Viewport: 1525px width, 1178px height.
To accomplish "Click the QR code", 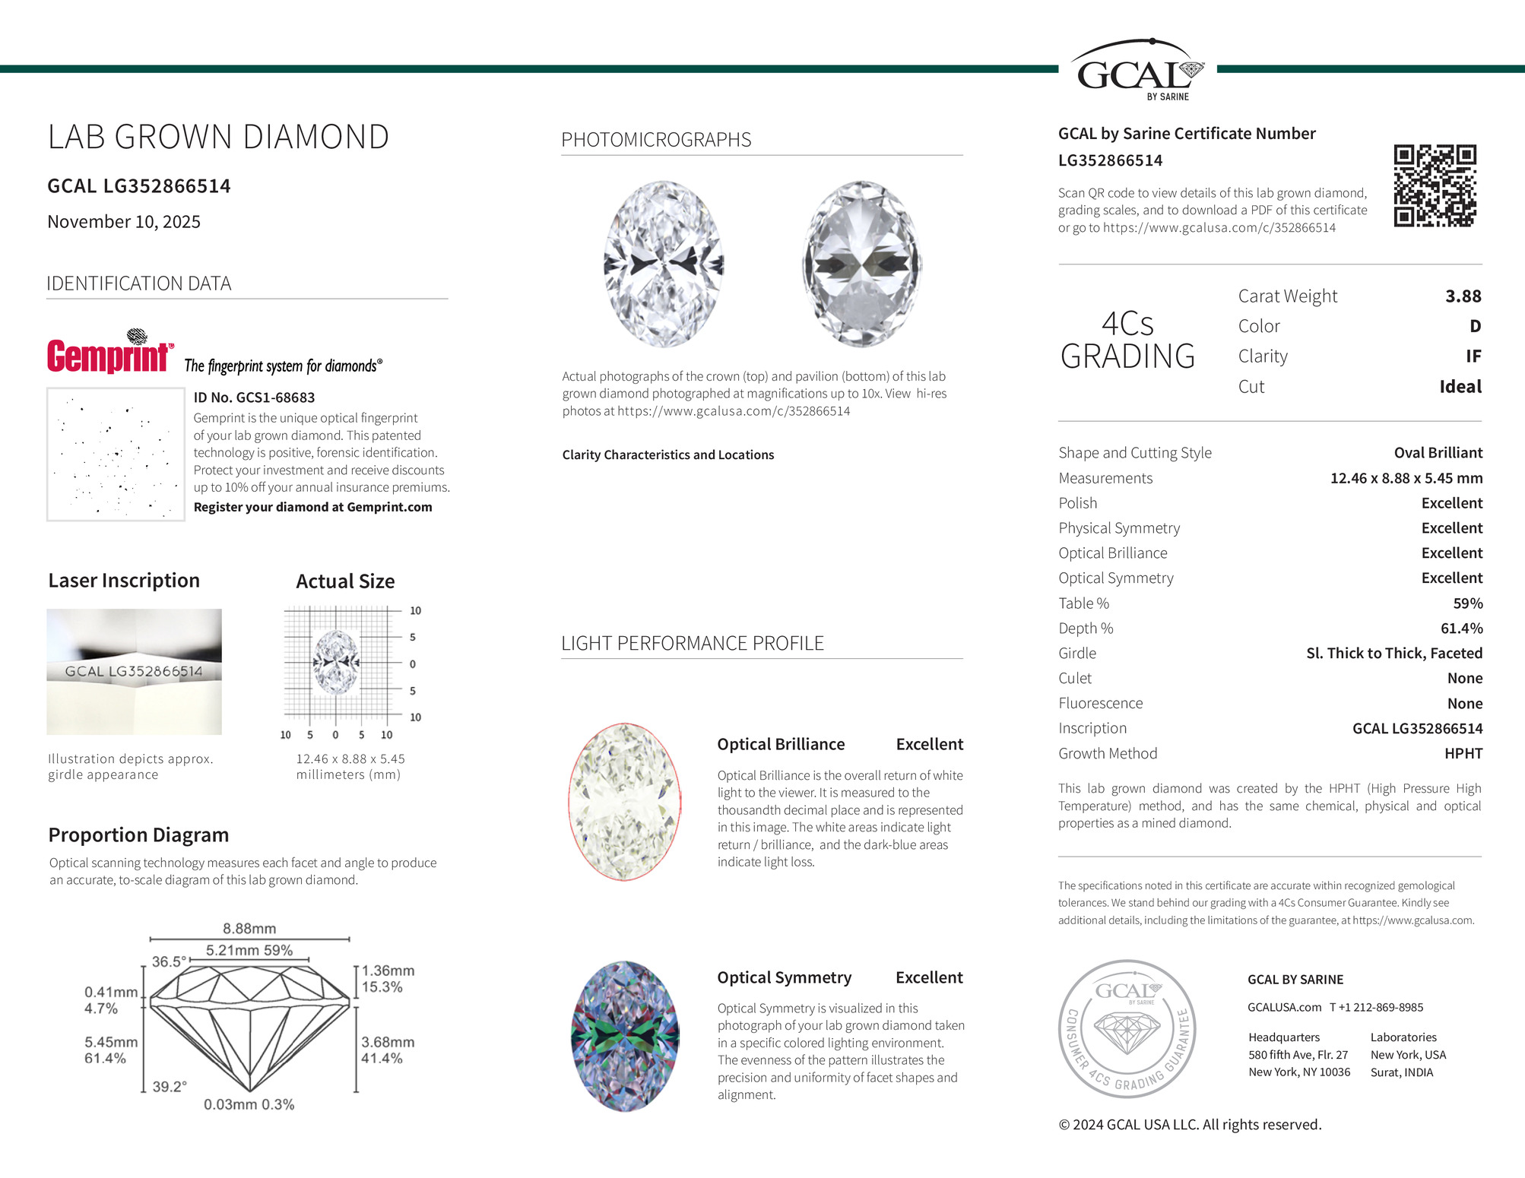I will (1435, 185).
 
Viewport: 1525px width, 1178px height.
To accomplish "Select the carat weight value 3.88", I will (1463, 296).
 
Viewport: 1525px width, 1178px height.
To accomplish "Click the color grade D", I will (1475, 326).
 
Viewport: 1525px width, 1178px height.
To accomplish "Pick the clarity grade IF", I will (1473, 356).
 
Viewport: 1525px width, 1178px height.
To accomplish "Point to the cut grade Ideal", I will (1460, 387).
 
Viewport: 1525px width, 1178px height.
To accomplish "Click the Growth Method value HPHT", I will (1463, 753).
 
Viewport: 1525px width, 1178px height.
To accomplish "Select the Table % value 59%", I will (1467, 603).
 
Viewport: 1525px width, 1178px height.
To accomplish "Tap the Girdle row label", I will (1077, 654).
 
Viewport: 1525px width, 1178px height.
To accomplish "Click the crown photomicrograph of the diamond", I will (664, 264).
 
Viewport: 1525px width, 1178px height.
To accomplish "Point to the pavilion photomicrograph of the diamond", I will (861, 264).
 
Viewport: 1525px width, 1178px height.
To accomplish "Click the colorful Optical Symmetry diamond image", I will (625, 1036).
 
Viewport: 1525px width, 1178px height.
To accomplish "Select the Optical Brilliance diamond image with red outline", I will (625, 802).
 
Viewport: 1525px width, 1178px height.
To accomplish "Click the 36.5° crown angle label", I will (167, 961).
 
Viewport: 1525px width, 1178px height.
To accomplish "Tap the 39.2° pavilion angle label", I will (170, 1087).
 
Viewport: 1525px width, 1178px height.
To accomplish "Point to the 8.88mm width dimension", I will (249, 929).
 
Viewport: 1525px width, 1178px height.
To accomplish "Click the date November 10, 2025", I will (124, 222).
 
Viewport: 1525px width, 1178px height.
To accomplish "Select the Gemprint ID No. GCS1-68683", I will (254, 397).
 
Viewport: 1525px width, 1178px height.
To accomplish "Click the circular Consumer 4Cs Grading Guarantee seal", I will (1127, 1028).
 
